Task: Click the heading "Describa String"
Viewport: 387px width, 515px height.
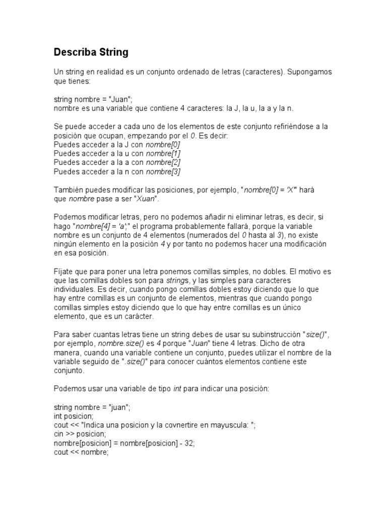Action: tap(91, 52)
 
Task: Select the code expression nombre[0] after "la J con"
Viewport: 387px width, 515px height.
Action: tap(163, 144)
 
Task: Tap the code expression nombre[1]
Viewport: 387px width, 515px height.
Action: tap(163, 153)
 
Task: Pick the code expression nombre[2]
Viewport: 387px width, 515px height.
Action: tap(163, 162)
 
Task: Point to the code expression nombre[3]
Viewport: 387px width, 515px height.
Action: tap(163, 171)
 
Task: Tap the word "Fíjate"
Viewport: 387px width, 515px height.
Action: tap(64, 271)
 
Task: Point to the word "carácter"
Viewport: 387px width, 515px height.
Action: tap(140, 316)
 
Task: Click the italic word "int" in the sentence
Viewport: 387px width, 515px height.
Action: tap(177, 389)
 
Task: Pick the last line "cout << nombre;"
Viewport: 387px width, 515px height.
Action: tap(81, 452)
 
